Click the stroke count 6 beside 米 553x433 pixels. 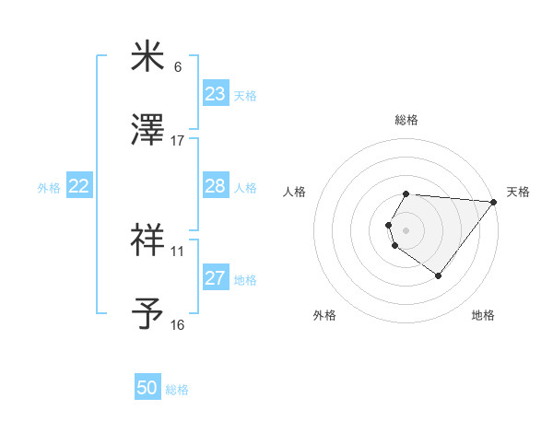[178, 67]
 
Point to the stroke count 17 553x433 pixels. [178, 140]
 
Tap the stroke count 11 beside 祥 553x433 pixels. [178, 251]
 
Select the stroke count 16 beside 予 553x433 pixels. [178, 324]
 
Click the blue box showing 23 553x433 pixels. [215, 94]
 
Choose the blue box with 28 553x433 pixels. [215, 186]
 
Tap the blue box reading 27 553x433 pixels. [215, 278]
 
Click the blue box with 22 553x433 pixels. [79, 186]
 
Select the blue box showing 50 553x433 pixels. [147, 388]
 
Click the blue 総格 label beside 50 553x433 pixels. [177, 390]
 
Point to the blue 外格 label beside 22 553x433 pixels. [49, 188]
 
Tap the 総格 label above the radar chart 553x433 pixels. [406, 120]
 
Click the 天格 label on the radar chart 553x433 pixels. [518, 192]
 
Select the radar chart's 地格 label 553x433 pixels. [483, 316]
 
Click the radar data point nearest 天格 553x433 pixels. [494, 202]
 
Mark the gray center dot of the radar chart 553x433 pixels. [406, 229]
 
